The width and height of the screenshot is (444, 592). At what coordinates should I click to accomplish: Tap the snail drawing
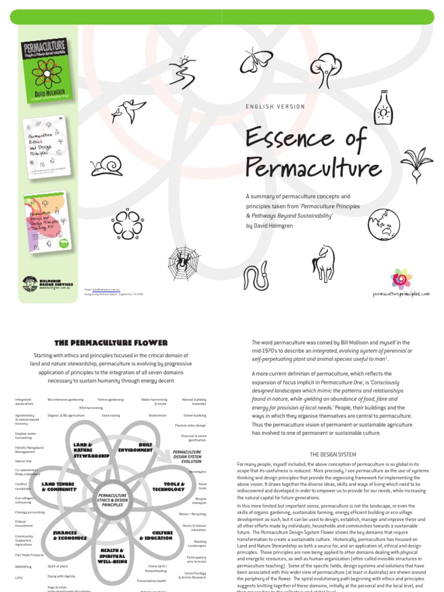(106, 166)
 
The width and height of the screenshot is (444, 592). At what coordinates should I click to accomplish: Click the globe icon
(383, 224)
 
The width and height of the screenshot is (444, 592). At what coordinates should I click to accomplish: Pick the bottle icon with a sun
(383, 108)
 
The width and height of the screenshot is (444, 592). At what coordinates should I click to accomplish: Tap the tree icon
(325, 68)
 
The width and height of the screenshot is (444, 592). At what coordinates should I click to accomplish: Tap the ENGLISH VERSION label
(275, 107)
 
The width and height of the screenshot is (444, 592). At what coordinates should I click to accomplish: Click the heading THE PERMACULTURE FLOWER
(110, 343)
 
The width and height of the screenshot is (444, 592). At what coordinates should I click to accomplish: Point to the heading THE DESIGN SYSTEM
(333, 454)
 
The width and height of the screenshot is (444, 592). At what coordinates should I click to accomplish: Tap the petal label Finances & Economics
(71, 535)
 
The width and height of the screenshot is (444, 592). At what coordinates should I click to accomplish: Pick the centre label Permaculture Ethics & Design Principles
(112, 500)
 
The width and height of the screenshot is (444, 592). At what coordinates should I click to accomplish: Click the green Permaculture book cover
(45, 71)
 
